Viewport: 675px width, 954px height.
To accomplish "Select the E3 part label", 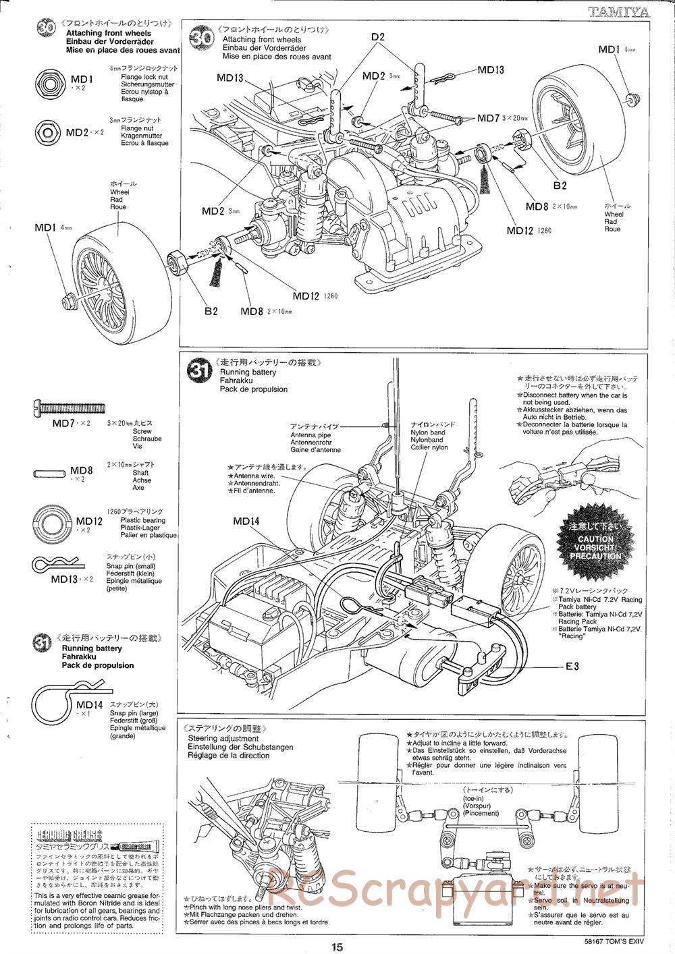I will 572,667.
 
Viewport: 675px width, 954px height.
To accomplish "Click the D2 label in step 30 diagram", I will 377,37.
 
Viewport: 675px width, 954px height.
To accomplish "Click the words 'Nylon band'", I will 429,432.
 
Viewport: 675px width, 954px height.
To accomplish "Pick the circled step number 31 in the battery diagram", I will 198,370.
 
